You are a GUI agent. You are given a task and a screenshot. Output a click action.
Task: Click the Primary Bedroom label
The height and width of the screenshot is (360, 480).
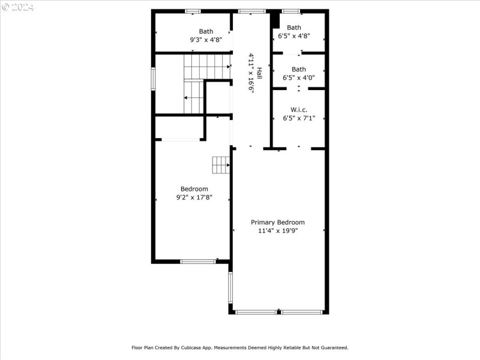(x=278, y=222)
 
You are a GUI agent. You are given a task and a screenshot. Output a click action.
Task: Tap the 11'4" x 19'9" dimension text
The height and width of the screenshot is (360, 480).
(x=278, y=230)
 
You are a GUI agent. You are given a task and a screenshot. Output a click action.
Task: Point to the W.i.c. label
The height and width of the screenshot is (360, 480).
(x=299, y=110)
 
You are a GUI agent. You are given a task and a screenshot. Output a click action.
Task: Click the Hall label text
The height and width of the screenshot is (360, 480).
(x=259, y=73)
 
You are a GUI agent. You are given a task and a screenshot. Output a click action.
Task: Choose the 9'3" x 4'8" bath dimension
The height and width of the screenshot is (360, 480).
(x=206, y=40)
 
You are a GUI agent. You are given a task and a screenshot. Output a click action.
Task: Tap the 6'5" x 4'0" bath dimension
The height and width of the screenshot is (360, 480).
(x=299, y=78)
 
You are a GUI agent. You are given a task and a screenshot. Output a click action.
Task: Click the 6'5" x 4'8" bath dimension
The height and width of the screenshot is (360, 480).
(x=294, y=36)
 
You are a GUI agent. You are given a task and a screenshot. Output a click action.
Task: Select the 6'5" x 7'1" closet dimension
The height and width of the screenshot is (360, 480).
(x=299, y=118)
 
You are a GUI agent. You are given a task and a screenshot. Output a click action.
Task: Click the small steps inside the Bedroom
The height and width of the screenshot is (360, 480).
(x=220, y=164)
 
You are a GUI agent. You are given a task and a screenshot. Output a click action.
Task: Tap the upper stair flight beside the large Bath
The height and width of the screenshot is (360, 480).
(x=207, y=66)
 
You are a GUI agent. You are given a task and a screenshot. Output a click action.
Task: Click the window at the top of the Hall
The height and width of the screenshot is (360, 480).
(x=251, y=11)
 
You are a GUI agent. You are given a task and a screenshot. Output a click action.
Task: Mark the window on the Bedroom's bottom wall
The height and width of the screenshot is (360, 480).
(x=198, y=261)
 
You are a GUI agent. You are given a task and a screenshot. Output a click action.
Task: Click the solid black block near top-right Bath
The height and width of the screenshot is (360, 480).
(x=275, y=20)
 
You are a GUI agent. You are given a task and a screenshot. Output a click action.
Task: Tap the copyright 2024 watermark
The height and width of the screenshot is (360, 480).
(x=18, y=7)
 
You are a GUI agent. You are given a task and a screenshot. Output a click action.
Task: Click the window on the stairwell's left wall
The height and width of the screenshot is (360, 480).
(x=153, y=79)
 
